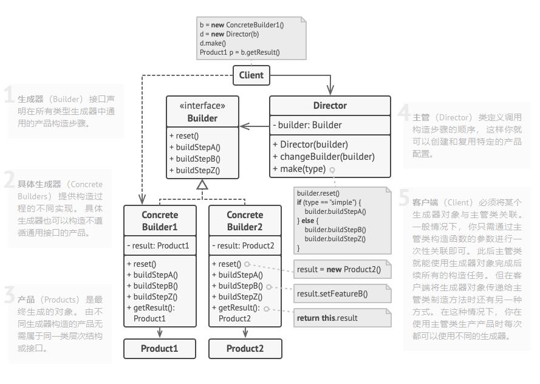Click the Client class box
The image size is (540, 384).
click(251, 75)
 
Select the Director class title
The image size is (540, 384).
click(330, 105)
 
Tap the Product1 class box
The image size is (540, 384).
click(160, 349)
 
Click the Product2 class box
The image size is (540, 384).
click(245, 349)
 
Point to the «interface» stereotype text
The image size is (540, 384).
click(202, 105)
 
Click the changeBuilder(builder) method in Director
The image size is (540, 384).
click(324, 157)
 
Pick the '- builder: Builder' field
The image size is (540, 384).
click(307, 125)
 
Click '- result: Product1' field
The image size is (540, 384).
click(158, 245)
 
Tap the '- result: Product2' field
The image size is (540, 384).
click(243, 245)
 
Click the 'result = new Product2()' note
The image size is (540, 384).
click(343, 269)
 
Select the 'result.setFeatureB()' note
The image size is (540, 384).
click(343, 293)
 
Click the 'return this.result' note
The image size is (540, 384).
click(343, 318)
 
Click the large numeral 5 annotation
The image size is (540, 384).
click(403, 197)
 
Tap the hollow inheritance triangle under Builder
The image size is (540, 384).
click(202, 185)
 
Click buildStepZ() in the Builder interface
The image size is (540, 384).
click(194, 170)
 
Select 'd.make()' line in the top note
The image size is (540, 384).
click(213, 43)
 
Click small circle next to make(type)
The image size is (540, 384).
click(332, 170)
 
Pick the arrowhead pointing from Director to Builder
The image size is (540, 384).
click(245, 126)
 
